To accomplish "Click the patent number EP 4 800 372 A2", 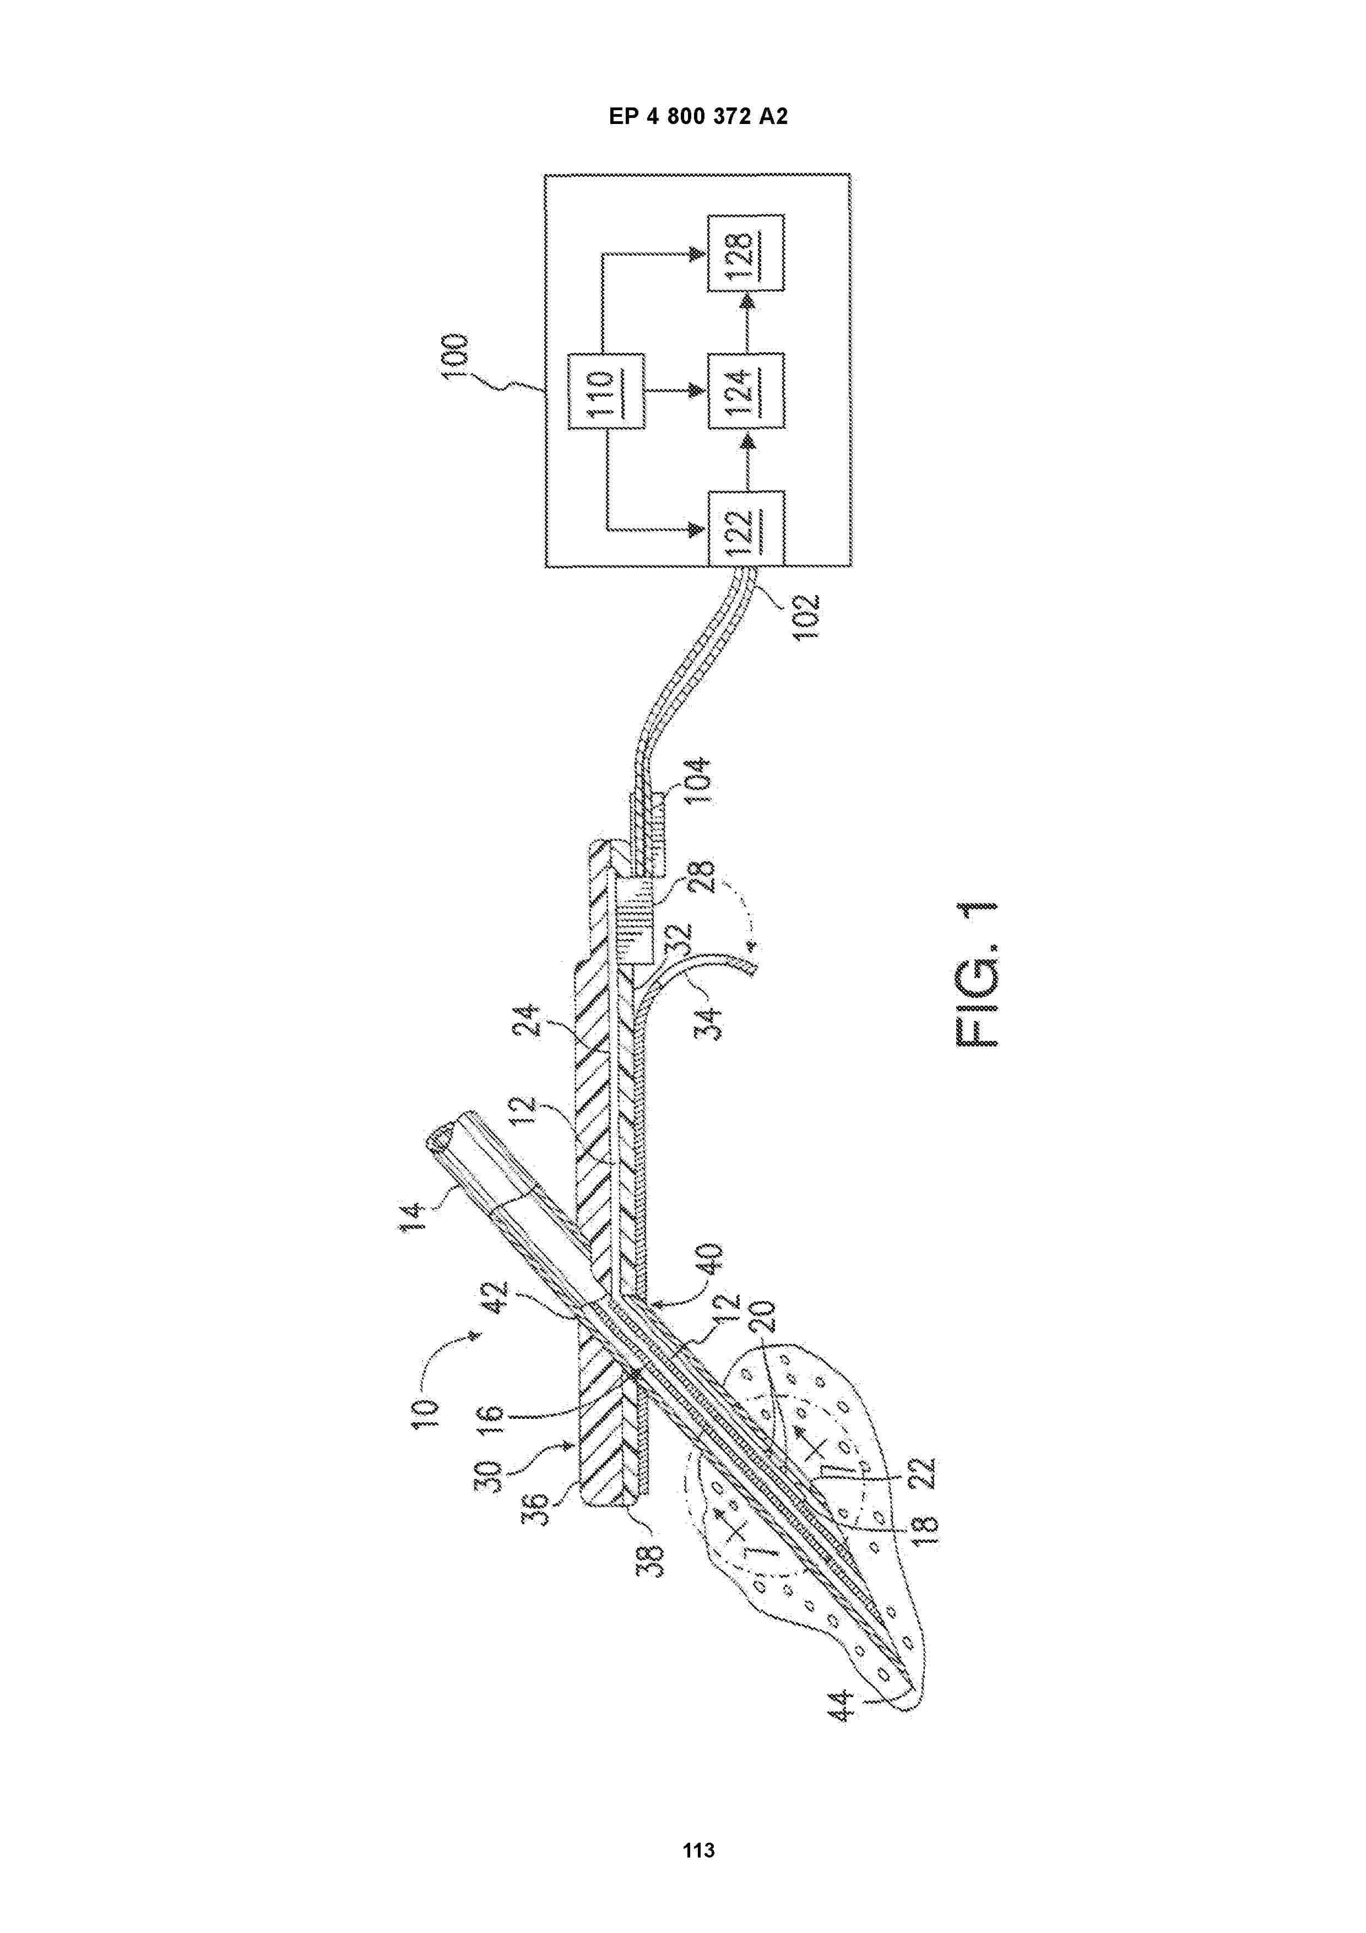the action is [x=698, y=117].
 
